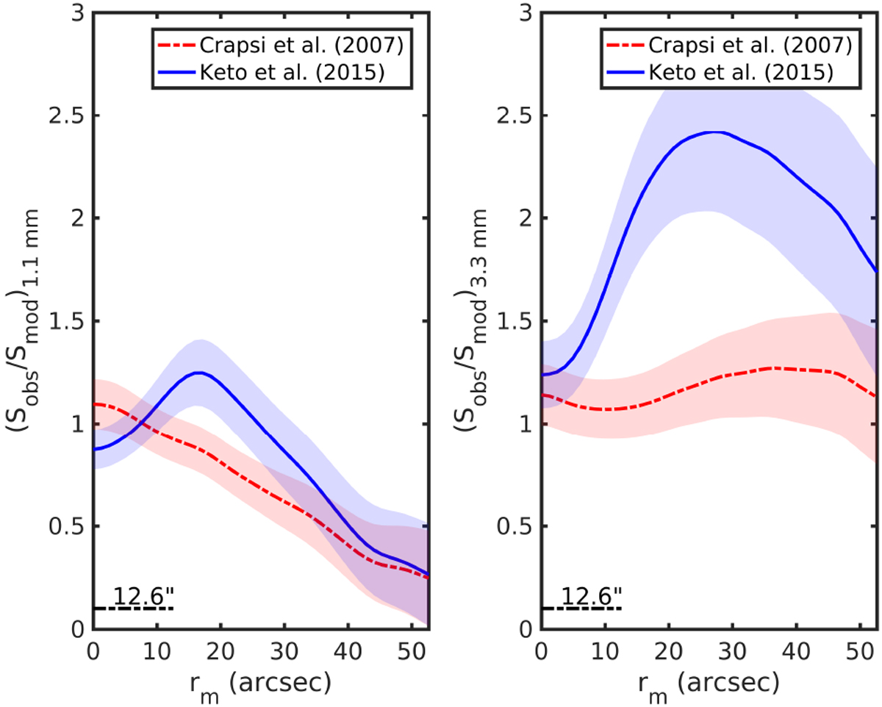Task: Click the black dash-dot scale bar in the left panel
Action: pyautogui.click(x=133, y=609)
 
